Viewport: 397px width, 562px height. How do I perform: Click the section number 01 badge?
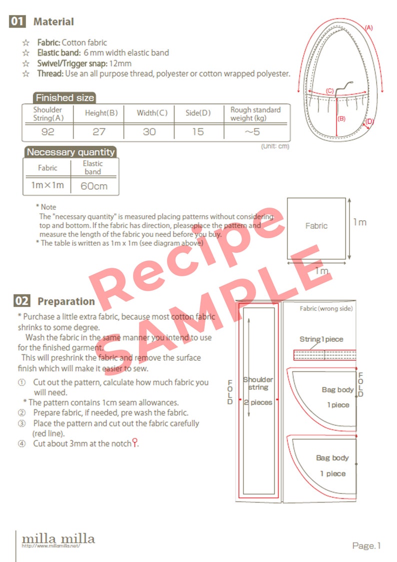(x=17, y=22)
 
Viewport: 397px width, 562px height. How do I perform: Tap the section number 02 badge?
(x=21, y=301)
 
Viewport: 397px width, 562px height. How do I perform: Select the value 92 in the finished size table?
(x=47, y=132)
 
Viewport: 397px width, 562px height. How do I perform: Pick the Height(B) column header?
(x=101, y=113)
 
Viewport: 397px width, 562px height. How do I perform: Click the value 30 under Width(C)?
(x=149, y=132)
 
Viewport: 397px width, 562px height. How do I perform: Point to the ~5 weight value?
(x=255, y=132)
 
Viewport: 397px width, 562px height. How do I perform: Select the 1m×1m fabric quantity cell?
(x=47, y=185)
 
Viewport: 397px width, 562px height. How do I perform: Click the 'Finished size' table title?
(x=64, y=98)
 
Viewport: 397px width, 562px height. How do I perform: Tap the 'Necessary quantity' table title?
(x=70, y=152)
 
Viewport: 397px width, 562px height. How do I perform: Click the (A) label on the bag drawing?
(x=368, y=28)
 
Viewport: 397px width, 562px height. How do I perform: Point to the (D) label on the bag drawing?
(x=369, y=121)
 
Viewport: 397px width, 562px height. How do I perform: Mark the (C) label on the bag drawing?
(x=329, y=91)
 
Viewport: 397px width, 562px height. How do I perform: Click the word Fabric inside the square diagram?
(x=316, y=226)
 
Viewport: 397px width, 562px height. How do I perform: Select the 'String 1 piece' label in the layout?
(x=321, y=339)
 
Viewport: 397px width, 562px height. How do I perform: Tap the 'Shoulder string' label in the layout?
(x=258, y=383)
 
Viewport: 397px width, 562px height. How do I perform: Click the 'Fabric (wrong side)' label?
(x=326, y=309)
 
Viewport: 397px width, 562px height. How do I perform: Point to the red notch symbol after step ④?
(x=134, y=442)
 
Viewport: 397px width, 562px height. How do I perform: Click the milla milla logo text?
(x=58, y=538)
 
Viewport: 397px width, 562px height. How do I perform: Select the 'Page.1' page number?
(x=366, y=545)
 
